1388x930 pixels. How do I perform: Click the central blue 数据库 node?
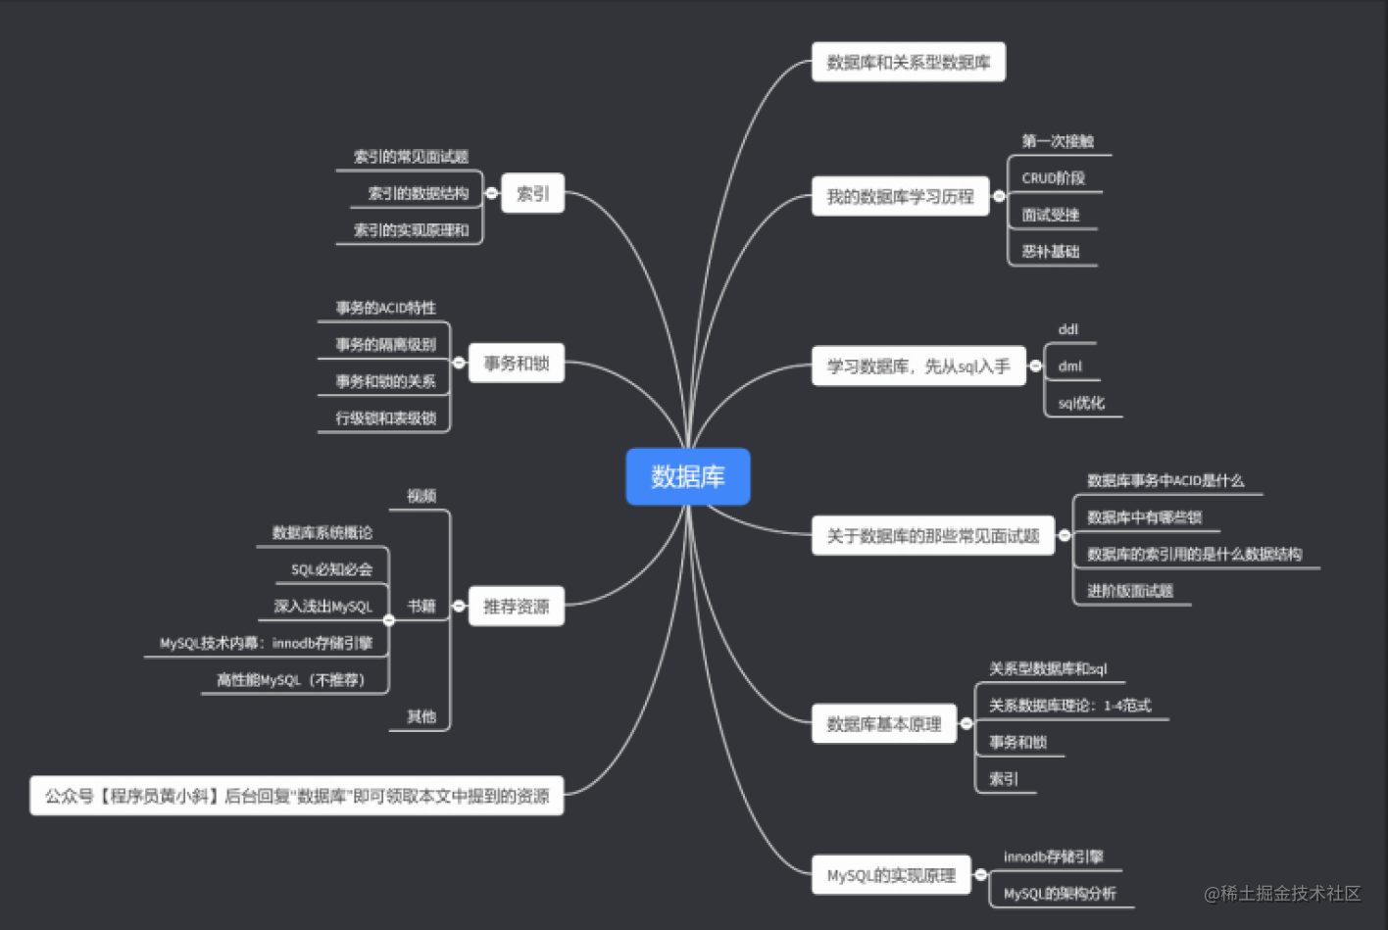point(687,477)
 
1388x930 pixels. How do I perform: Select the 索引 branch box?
point(532,194)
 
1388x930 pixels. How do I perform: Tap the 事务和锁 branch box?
point(516,364)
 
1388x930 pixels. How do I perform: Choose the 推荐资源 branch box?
point(516,607)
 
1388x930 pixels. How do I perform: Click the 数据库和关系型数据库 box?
point(908,63)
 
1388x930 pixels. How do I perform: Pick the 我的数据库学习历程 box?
point(900,197)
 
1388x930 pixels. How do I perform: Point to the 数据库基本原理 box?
point(883,724)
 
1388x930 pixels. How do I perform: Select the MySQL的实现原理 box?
point(890,875)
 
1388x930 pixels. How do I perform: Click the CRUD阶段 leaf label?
point(1053,178)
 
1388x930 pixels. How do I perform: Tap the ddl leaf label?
point(1067,330)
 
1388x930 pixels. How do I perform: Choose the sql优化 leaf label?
point(1080,403)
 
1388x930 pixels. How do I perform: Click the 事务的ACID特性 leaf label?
point(385,308)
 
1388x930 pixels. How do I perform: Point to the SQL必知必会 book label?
point(331,569)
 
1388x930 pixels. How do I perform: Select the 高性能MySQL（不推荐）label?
point(291,680)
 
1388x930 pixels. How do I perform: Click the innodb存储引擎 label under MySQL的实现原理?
point(1053,857)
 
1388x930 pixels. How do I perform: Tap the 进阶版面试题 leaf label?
point(1129,591)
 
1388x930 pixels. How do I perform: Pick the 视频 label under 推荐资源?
point(421,496)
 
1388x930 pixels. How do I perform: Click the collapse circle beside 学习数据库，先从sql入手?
point(1035,367)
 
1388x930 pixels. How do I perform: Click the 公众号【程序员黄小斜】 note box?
point(296,796)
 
